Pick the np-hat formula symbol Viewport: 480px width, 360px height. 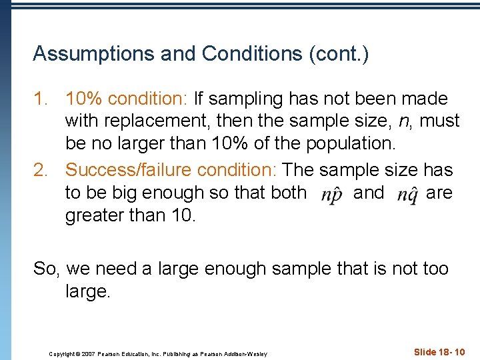tap(331, 195)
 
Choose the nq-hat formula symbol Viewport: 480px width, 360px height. tap(407, 195)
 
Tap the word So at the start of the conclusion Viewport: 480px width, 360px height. tap(45, 269)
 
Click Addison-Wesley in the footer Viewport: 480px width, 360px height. tap(247, 353)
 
